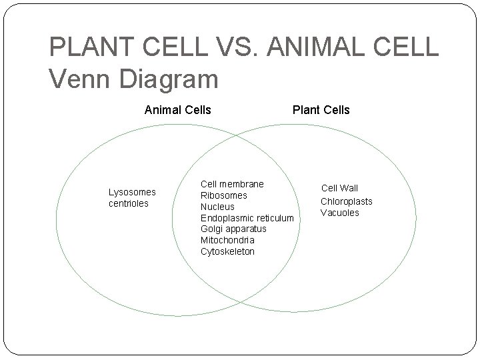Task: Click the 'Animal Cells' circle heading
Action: (x=177, y=109)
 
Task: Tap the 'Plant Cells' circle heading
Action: (x=320, y=109)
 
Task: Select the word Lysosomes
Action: (x=132, y=192)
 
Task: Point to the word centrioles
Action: (x=129, y=203)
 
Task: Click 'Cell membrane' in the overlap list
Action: (x=232, y=184)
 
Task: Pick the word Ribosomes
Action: (x=224, y=195)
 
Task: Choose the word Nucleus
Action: (x=217, y=207)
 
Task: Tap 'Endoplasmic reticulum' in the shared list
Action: (x=247, y=218)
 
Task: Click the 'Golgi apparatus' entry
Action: (x=233, y=229)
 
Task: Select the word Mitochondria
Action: (x=227, y=240)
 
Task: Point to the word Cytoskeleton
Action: (x=227, y=251)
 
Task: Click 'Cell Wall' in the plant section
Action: (x=339, y=189)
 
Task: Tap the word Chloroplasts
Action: (x=347, y=201)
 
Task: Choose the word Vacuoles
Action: (x=339, y=213)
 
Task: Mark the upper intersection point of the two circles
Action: (x=237, y=135)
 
